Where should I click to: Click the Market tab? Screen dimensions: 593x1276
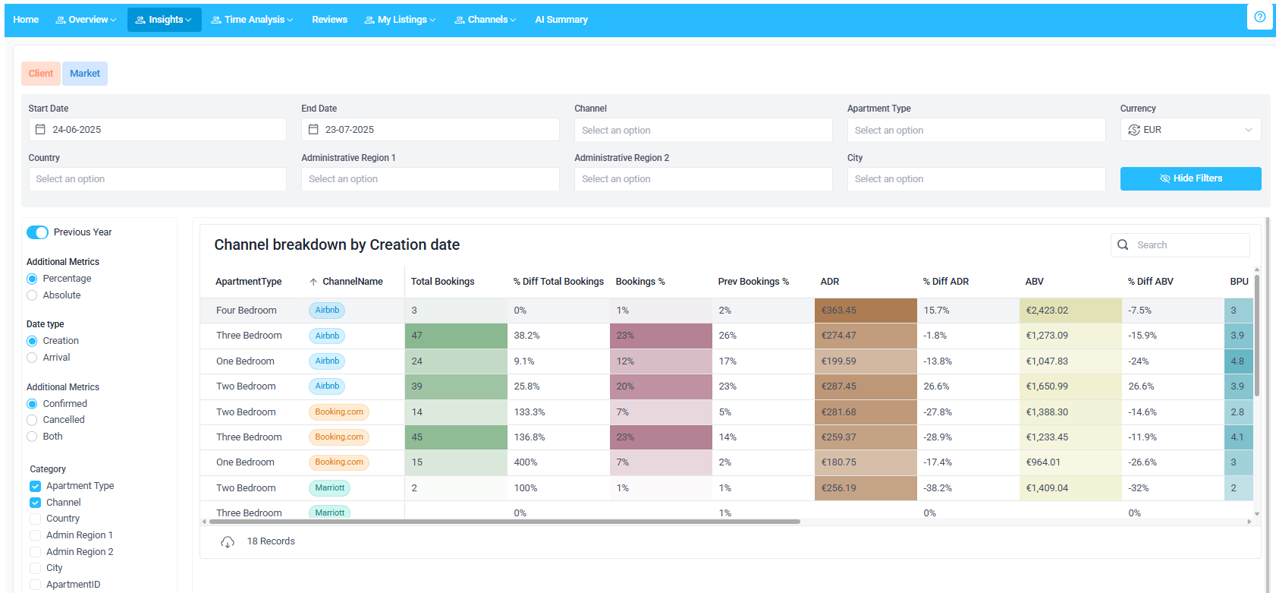[x=85, y=74]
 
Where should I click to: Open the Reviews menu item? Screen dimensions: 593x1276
[x=329, y=20]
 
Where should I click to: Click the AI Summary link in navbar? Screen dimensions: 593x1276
[x=561, y=20]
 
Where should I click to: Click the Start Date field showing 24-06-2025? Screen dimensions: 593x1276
[x=157, y=130]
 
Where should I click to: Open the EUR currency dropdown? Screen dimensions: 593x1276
[x=1190, y=130]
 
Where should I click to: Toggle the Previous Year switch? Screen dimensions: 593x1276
[x=37, y=232]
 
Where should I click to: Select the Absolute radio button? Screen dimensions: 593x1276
[x=32, y=295]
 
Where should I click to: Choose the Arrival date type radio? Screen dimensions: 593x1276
[x=32, y=358]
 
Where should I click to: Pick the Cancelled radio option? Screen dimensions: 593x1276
[x=32, y=420]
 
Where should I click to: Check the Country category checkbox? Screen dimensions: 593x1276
[x=36, y=519]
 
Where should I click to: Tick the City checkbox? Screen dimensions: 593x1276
[x=36, y=568]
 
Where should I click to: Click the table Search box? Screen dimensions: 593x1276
[x=1188, y=245]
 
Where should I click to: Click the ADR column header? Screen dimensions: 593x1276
[x=830, y=282]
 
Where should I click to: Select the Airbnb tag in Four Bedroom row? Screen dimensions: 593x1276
[x=327, y=311]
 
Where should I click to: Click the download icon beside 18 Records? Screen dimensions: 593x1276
[x=228, y=542]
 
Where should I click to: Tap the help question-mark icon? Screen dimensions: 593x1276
[x=1259, y=17]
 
